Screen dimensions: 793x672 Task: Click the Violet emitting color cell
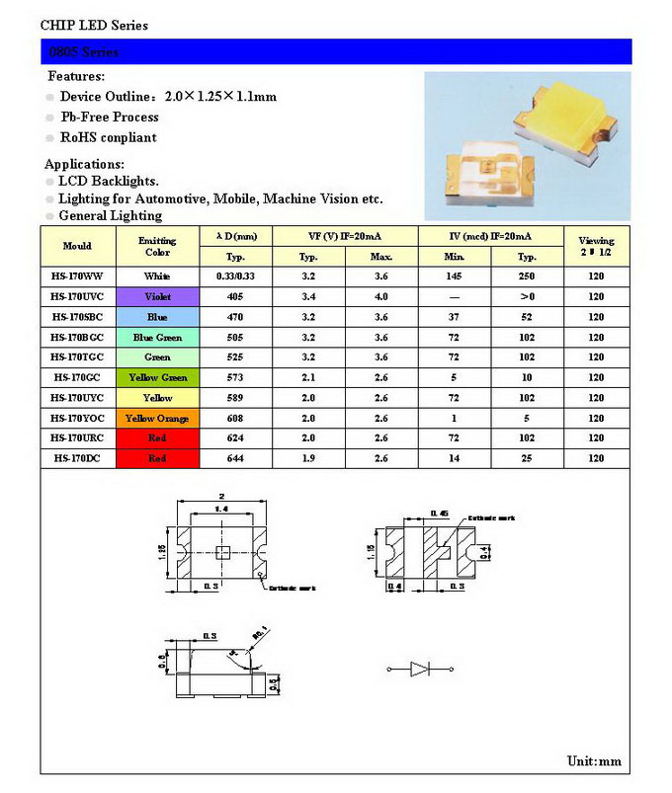157,296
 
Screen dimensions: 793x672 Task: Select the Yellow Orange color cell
157,418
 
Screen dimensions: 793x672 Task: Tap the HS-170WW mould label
77,277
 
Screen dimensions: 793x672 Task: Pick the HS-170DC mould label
77,458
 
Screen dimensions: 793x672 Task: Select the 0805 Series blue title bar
336,51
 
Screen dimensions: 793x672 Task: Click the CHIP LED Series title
95,25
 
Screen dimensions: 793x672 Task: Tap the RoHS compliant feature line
108,137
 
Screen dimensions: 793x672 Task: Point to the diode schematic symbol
420,671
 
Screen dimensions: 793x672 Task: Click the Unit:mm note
594,760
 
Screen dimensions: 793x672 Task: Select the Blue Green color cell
157,337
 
